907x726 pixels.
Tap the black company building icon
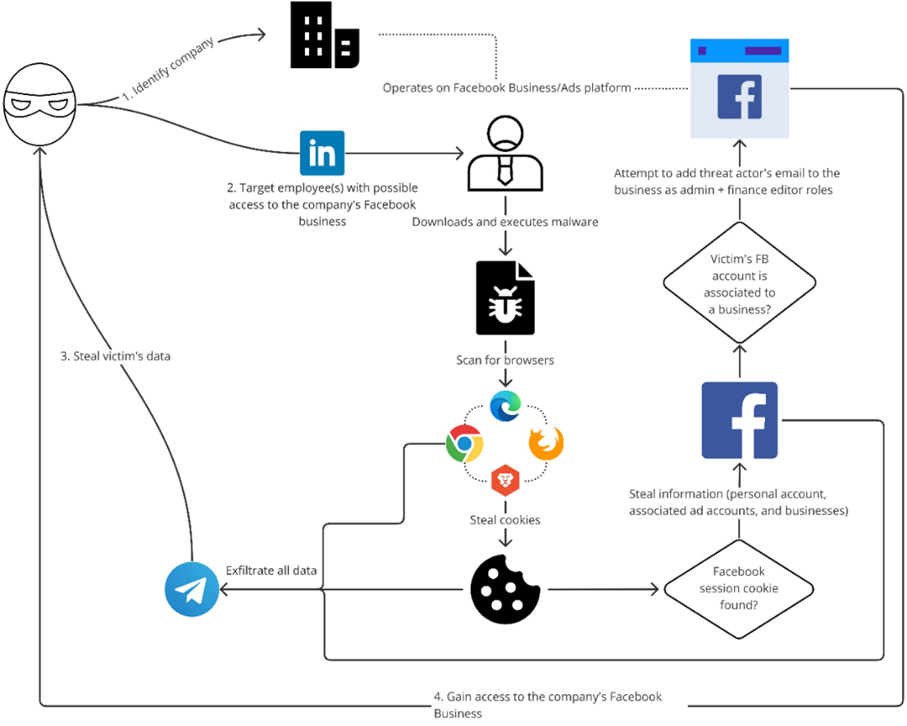tap(325, 37)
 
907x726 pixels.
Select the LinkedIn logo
tap(321, 153)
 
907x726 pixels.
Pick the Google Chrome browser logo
tap(464, 444)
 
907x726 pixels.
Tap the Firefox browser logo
tap(545, 444)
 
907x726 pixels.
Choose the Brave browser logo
tap(505, 479)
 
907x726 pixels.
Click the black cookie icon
tap(505, 589)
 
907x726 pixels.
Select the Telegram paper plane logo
tap(192, 589)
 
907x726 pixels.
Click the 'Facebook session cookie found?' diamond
tap(738, 589)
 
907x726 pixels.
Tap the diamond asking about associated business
tap(739, 284)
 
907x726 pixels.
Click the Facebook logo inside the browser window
tap(739, 97)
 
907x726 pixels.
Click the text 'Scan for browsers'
tap(505, 360)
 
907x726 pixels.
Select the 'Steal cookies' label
tap(505, 519)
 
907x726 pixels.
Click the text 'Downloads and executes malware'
tap(505, 221)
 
